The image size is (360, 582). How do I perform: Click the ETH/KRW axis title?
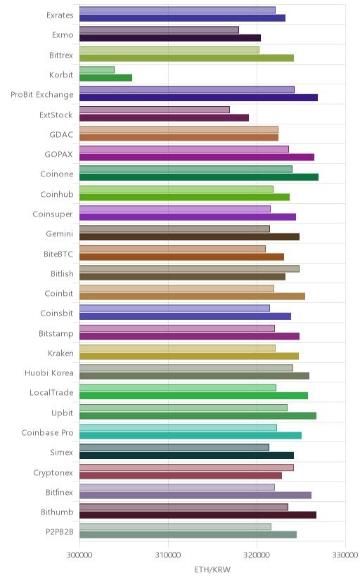212,569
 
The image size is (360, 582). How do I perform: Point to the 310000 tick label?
168,555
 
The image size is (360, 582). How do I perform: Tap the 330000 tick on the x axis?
345,555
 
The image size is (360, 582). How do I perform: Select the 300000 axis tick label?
79,555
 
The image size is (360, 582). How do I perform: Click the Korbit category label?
61,75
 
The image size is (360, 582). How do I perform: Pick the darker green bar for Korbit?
105,77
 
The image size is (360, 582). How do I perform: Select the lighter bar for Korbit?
97,70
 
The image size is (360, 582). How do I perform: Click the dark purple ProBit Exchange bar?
198,98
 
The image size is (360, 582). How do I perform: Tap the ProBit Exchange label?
42,95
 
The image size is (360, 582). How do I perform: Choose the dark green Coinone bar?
199,177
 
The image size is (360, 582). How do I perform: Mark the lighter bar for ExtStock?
155,110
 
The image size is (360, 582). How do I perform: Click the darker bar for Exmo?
170,38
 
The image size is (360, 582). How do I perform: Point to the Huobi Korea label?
49,373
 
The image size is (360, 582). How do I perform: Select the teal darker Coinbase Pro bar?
191,435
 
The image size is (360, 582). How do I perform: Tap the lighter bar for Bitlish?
189,269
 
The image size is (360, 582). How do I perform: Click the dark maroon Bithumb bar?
198,515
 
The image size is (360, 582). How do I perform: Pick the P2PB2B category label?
59,532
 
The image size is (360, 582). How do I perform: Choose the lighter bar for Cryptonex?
186,467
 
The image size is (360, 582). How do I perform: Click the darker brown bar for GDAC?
179,137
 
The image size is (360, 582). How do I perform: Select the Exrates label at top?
60,15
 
